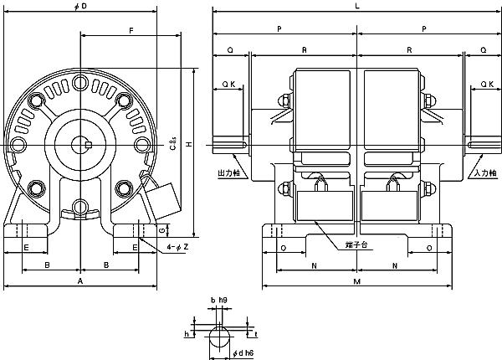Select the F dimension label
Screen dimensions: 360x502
131,30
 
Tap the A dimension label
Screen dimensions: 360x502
79,282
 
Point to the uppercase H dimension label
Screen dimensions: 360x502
189,144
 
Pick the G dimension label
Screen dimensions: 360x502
164,229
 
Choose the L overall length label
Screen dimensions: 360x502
358,7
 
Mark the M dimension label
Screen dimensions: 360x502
358,282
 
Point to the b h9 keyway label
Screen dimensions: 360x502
219,300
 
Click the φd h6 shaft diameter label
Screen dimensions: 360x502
244,352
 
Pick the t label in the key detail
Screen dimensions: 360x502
256,332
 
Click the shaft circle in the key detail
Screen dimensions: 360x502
218,337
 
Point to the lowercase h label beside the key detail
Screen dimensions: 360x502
187,332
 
